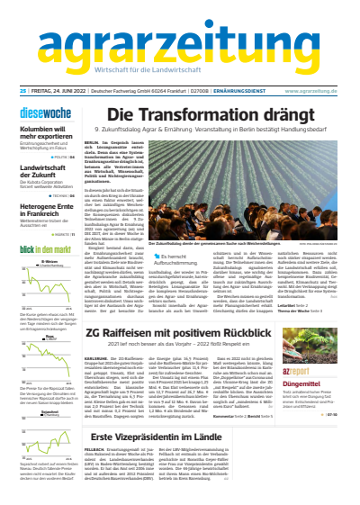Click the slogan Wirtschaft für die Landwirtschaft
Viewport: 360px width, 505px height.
click(179, 69)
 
